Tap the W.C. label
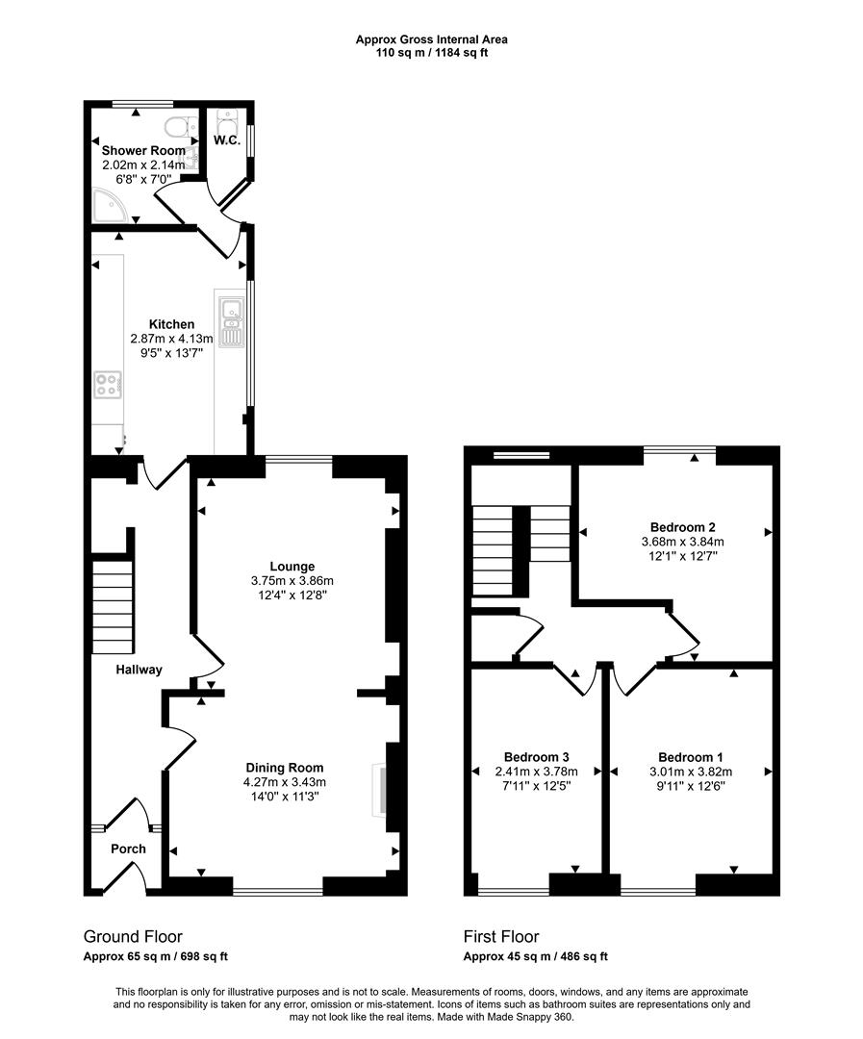(226, 140)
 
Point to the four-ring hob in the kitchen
(107, 385)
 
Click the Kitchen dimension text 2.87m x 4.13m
(171, 339)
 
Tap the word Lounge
(292, 567)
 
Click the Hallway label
(139, 670)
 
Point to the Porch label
(128, 849)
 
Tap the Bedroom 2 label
(682, 527)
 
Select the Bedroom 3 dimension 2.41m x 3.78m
(536, 772)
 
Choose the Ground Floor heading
(133, 936)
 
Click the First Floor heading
(501, 936)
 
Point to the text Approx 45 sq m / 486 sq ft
(535, 956)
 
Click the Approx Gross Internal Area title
(431, 39)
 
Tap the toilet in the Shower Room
(178, 127)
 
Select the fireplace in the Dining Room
(379, 790)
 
